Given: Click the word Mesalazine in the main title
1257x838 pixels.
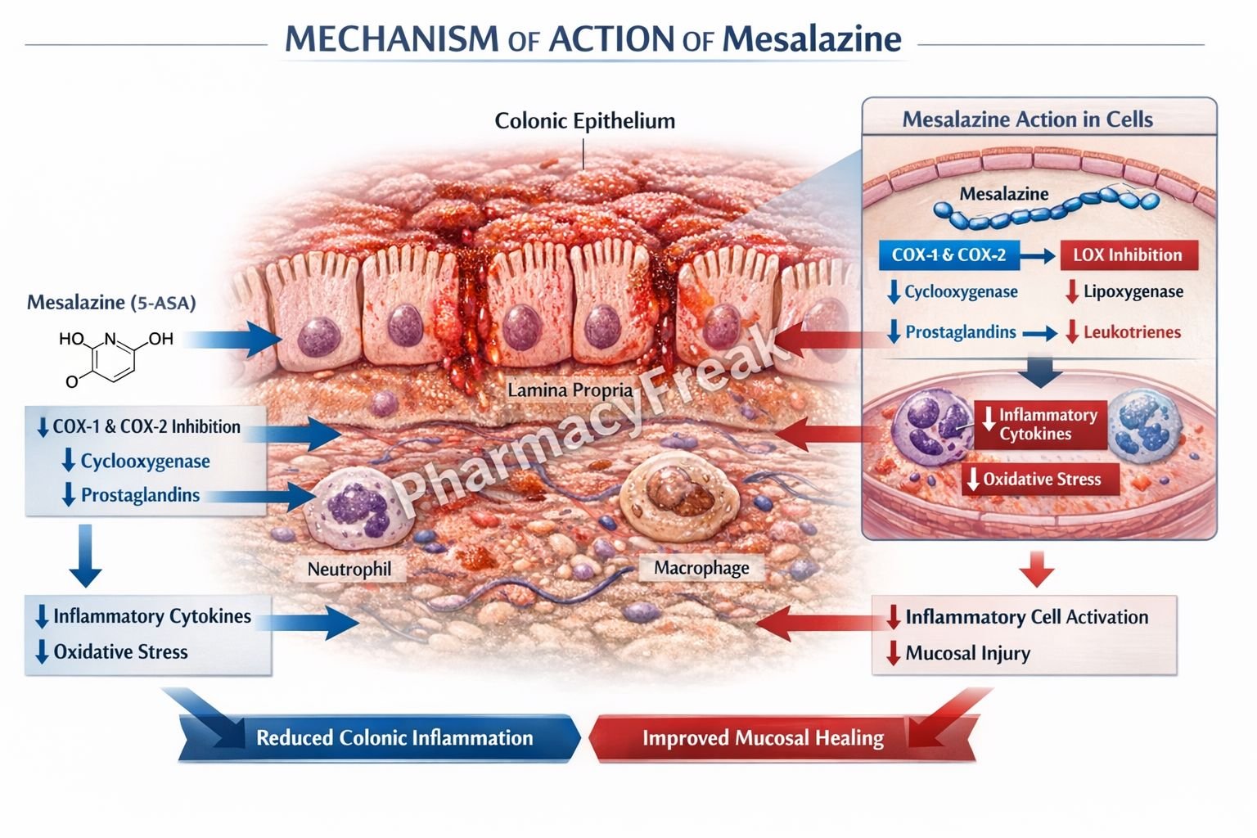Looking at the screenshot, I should coord(811,38).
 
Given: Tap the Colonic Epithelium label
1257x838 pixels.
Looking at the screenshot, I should coord(584,121).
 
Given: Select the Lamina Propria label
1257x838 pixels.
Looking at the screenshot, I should coord(570,390).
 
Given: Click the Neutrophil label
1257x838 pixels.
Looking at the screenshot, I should coord(349,569).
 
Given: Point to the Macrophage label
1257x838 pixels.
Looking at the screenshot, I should coord(701,568).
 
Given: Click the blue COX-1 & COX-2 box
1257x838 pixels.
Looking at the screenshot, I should coord(948,255).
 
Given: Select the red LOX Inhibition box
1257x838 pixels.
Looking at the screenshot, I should coord(1128,255).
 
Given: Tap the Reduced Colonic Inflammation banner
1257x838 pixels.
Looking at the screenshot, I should coord(394,737).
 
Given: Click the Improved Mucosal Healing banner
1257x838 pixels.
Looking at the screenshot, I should coord(763,738).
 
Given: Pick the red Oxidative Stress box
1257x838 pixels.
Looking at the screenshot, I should coord(1040,480).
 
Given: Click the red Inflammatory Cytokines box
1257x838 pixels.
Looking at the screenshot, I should coord(1040,424).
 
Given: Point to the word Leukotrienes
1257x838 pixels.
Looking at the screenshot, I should coord(1132,332).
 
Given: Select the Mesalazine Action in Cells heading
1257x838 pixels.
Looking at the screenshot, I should coord(1027,119).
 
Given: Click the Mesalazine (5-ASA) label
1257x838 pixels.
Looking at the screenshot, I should coord(111,303).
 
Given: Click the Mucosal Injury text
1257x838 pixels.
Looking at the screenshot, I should coord(967,653).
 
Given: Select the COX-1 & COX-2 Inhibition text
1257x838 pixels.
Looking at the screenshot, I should coord(146,426).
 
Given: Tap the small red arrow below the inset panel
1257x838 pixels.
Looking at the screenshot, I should coord(1037,570).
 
